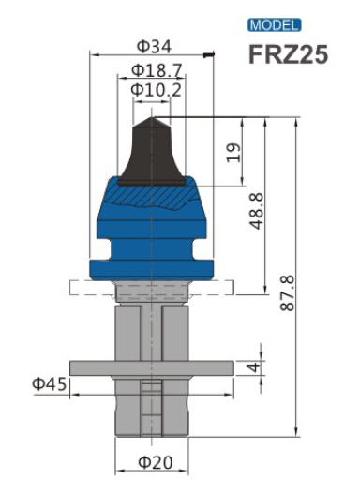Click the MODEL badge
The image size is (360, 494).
pyautogui.click(x=275, y=25)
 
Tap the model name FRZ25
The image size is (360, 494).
pyautogui.click(x=288, y=54)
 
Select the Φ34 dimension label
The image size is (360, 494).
pyautogui.click(x=155, y=47)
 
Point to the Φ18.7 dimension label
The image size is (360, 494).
pyautogui.click(x=157, y=70)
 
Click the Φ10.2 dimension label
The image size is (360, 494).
pyautogui.click(x=157, y=90)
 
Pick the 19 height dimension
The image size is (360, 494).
pyautogui.click(x=233, y=153)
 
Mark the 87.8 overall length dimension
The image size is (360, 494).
pyautogui.click(x=287, y=293)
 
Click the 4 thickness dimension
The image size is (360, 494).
pyautogui.click(x=254, y=367)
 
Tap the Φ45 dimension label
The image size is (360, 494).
pyautogui.click(x=50, y=384)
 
